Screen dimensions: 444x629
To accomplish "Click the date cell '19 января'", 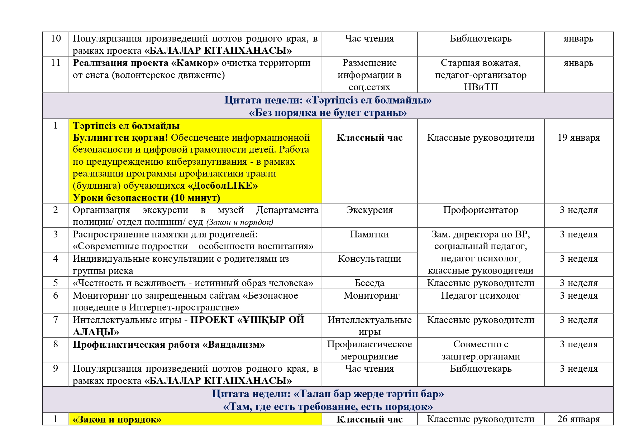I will coord(578,138).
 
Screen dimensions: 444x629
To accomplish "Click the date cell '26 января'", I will coord(578,419).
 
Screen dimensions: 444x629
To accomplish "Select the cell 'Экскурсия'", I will coord(369,210).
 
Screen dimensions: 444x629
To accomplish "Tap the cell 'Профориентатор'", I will coord(481,210).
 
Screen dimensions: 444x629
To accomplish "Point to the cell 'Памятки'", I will coord(369,234).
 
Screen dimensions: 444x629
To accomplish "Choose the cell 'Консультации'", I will coord(369,259).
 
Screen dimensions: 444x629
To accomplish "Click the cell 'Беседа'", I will coord(369,283).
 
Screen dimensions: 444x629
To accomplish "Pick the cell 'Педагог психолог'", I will coord(481,295).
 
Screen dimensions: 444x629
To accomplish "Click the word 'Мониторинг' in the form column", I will coord(371,295).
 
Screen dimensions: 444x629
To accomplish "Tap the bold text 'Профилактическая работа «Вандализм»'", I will coord(169,344).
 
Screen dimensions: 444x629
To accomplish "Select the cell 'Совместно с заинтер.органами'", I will coord(481,350).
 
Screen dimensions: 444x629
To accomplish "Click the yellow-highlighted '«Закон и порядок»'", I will coord(117,419).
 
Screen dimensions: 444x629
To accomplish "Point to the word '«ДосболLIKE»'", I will coord(223,185).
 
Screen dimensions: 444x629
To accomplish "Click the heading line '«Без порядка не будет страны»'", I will coord(328,113).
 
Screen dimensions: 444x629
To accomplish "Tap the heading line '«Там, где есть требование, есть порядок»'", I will coord(328,407).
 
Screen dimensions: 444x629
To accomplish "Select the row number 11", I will coord(56,63).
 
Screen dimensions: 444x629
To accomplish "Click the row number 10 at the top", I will coord(56,38).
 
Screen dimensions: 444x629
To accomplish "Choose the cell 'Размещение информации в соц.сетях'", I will coord(369,75).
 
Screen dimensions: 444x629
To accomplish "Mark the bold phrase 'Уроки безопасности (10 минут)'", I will coord(146,198).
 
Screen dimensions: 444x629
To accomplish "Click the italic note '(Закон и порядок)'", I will coord(240,222).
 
